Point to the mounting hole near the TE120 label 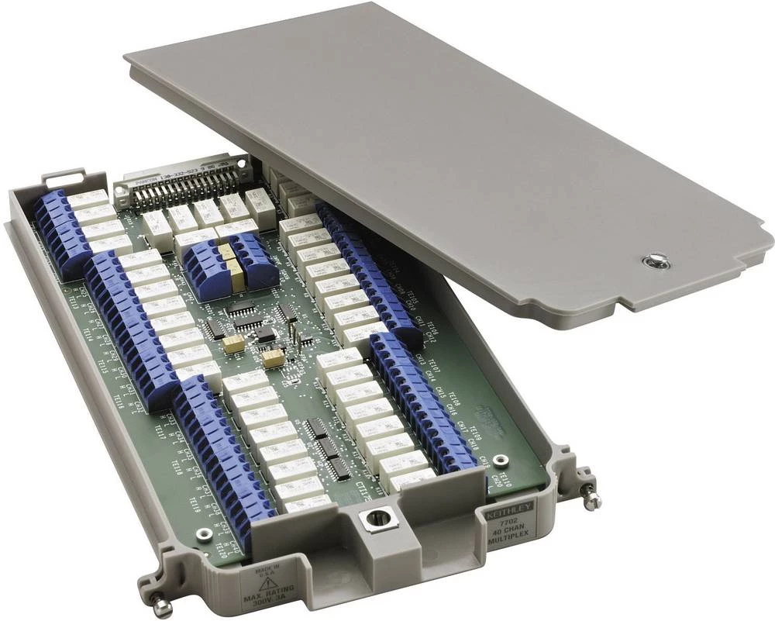coord(204,534)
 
